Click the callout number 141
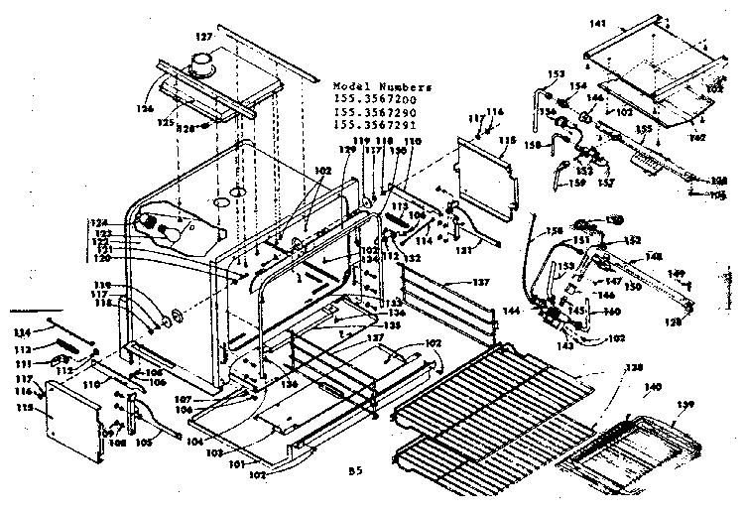tap(596, 23)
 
